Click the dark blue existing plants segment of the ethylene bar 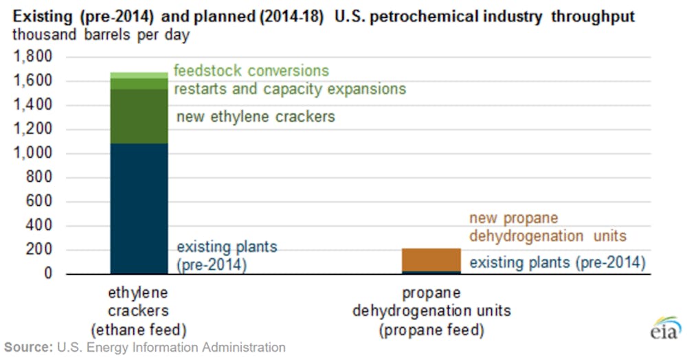139,208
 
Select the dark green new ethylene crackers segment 139,116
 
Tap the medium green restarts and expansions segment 139,84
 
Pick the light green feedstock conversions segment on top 139,76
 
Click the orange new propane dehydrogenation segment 431,260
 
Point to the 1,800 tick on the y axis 33,56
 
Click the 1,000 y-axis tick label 33,153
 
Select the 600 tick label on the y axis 38,201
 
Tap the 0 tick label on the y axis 48,273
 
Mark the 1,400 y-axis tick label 33,104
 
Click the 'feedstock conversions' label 251,71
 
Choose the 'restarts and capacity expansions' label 290,89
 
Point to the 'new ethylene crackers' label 256,117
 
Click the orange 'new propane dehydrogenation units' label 548,227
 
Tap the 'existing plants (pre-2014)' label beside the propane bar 558,262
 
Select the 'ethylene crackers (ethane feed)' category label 139,311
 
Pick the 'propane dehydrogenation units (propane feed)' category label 431,311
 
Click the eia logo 666,328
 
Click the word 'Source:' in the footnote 28,348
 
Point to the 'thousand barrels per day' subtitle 101,34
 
